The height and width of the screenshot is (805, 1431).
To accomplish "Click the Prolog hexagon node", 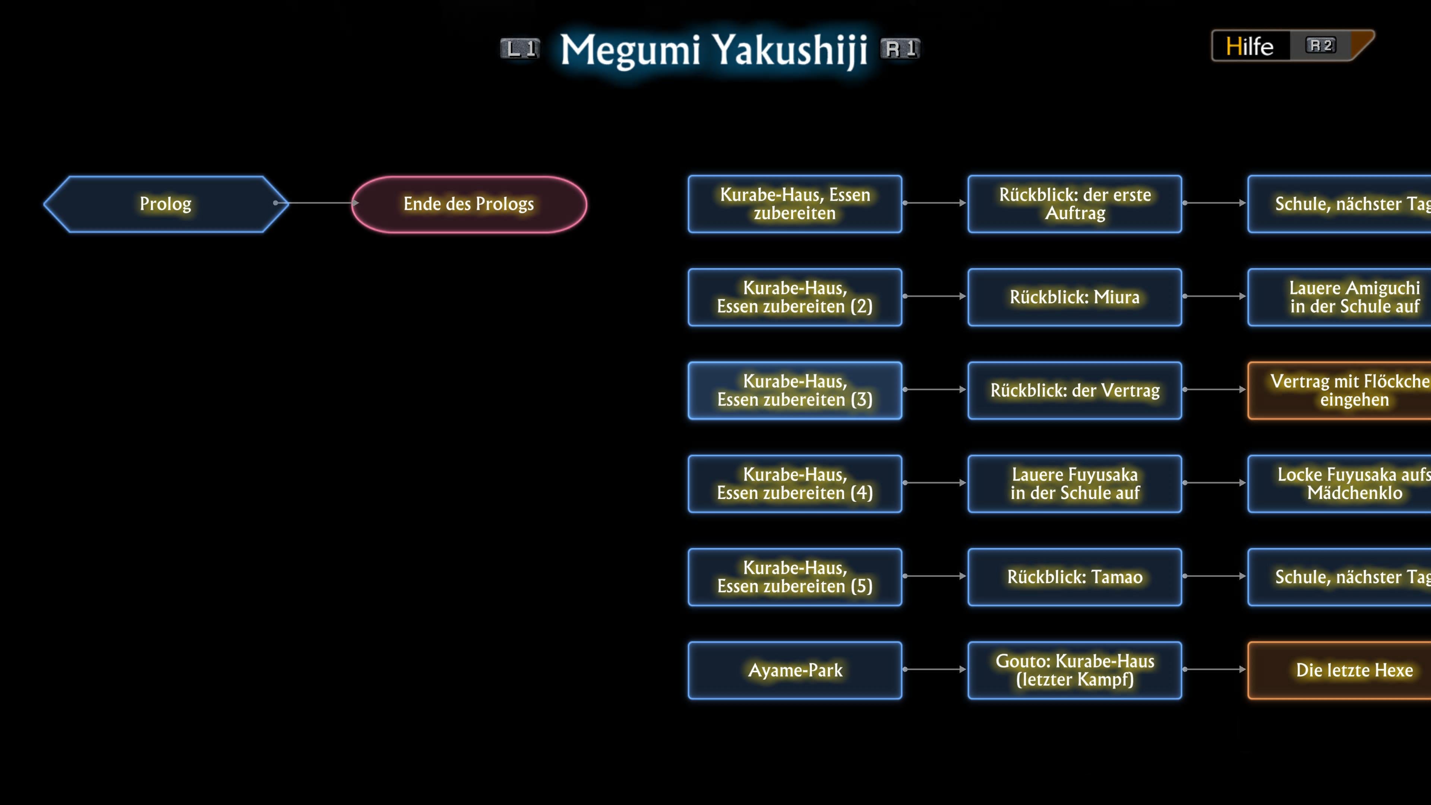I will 165,204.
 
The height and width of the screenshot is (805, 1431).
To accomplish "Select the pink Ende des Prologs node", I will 469,204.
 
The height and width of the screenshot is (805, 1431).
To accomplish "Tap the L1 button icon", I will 520,49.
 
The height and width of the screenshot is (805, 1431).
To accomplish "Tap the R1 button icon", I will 900,49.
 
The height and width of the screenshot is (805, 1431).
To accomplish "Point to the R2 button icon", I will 1320,45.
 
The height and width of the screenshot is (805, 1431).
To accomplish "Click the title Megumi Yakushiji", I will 714,50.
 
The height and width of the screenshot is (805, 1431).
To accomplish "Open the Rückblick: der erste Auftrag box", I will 1074,204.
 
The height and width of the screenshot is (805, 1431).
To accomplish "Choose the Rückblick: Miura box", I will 1074,297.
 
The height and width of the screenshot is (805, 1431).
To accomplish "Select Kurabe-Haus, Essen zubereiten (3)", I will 795,391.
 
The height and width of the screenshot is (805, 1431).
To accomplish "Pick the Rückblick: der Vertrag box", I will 1074,391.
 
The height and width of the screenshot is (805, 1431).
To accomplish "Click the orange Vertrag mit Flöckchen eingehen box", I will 1344,391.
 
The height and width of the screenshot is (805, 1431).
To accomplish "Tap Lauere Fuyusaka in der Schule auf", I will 1074,484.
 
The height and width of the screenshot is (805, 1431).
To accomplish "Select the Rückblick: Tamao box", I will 1074,577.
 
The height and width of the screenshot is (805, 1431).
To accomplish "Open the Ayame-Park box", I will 795,670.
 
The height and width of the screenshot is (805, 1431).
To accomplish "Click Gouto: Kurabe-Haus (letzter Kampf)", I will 1074,670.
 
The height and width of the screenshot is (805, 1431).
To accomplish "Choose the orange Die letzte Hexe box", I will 1344,670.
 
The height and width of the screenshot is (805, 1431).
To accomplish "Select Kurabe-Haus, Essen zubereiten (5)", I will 795,577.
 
